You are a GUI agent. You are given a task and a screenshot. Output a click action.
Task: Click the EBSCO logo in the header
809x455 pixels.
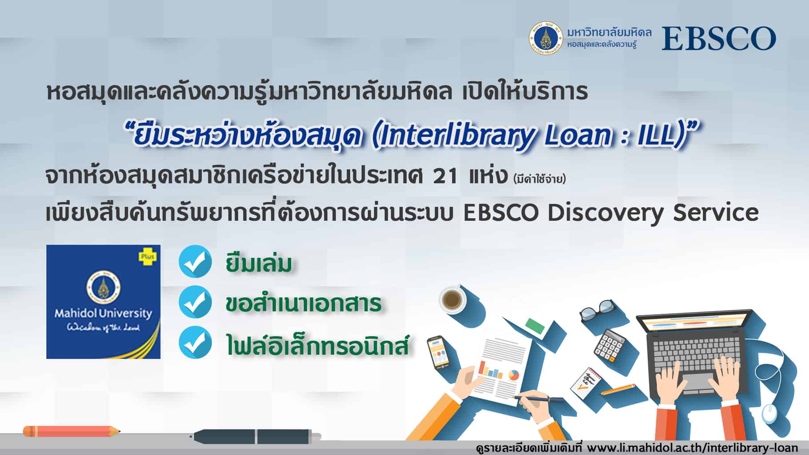pos(719,39)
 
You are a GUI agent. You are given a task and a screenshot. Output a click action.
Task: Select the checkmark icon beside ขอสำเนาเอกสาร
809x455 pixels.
pos(195,302)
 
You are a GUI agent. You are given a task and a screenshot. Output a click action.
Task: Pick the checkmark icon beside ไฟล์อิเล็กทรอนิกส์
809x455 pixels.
pos(195,342)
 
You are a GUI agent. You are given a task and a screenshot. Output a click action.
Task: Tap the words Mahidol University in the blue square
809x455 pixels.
pos(103,313)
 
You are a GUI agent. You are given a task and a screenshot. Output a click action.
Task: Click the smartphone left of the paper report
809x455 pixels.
pos(439,352)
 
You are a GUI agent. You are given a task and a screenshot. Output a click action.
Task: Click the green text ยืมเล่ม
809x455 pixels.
pos(259,263)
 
